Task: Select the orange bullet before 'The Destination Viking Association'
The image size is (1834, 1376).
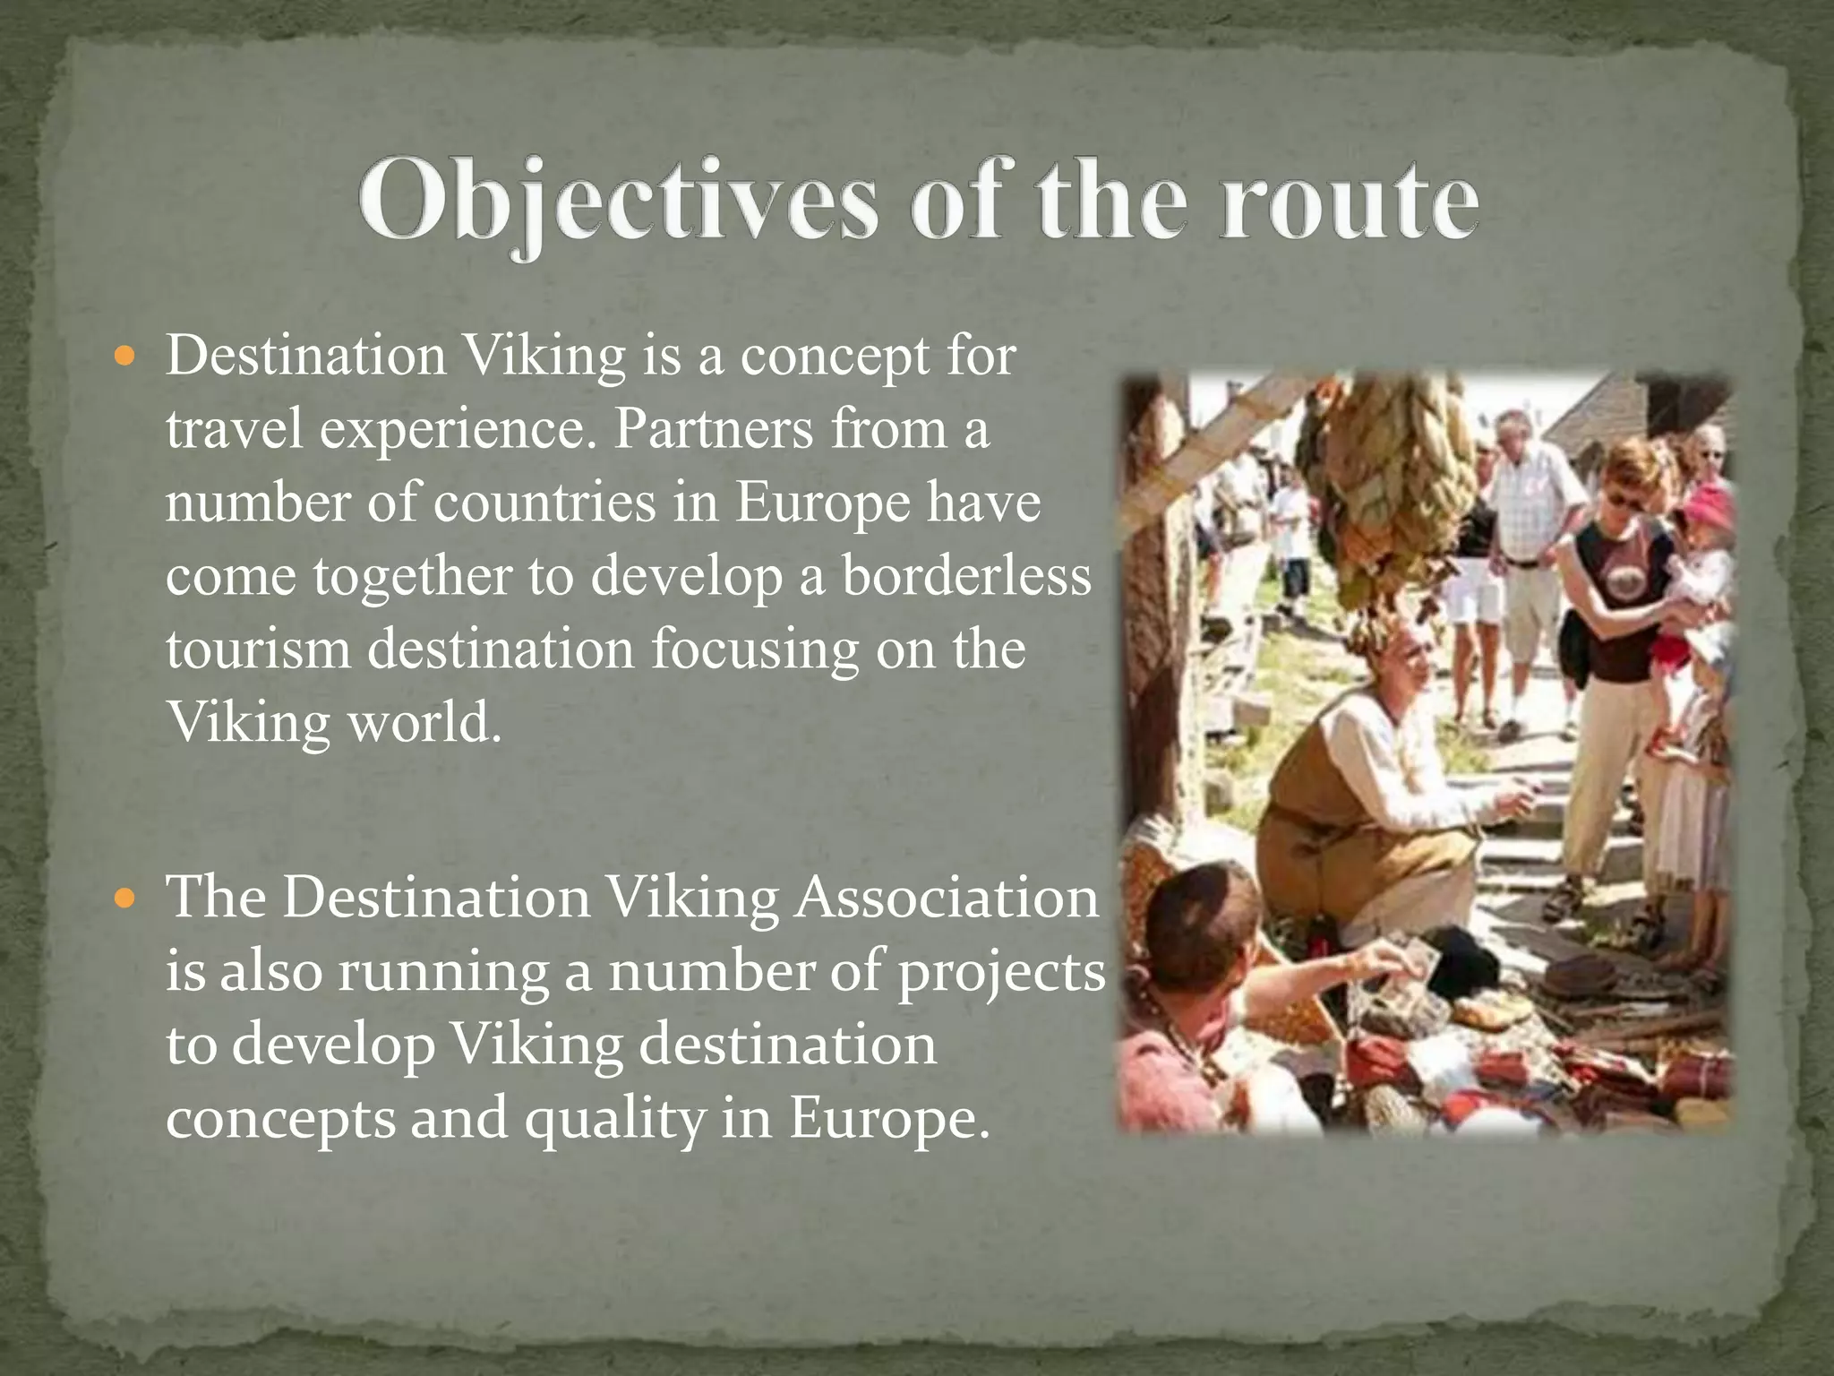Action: point(125,897)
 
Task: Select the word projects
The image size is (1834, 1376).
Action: point(1001,973)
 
